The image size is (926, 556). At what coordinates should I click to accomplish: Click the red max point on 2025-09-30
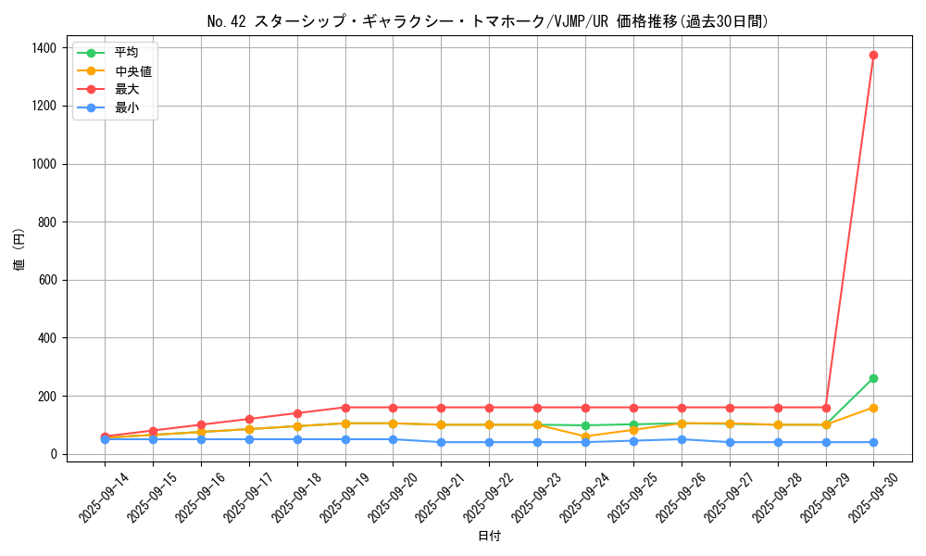pyautogui.click(x=873, y=55)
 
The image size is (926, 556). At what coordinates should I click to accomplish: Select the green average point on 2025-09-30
pyautogui.click(x=873, y=378)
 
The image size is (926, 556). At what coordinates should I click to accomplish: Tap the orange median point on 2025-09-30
pyautogui.click(x=873, y=408)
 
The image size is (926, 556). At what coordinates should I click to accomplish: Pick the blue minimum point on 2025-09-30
pyautogui.click(x=873, y=442)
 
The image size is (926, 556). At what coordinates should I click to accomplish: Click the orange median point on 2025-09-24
pyautogui.click(x=585, y=436)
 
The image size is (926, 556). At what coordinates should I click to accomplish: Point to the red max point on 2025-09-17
pyautogui.click(x=249, y=419)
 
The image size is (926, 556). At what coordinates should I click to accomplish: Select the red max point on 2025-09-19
pyautogui.click(x=345, y=408)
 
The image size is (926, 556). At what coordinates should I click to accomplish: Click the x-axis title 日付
pyautogui.click(x=489, y=537)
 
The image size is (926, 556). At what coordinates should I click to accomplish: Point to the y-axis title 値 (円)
pyautogui.click(x=19, y=250)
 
